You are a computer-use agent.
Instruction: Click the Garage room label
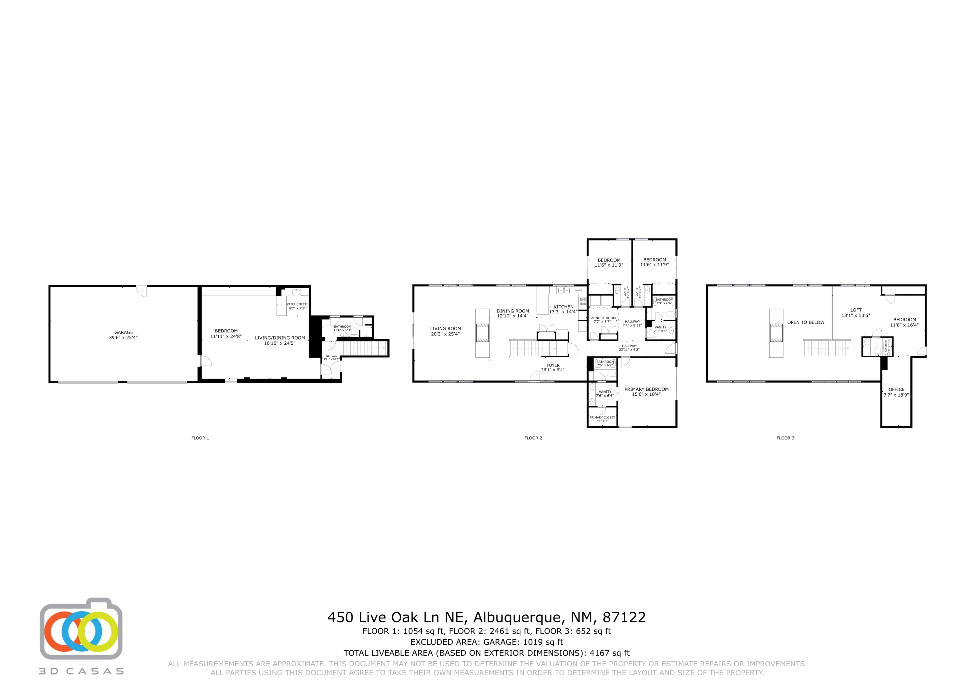[x=123, y=335]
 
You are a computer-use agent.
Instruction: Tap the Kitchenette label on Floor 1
[x=297, y=306]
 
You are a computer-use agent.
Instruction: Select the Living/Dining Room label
[x=280, y=340]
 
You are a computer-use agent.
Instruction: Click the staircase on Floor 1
[x=364, y=349]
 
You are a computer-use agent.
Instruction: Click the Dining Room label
[x=513, y=313]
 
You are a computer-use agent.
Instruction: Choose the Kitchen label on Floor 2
[x=563, y=309]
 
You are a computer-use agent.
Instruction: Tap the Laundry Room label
[x=602, y=320]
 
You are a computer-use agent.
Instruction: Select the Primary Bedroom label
[x=646, y=391]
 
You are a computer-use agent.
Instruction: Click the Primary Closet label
[x=602, y=419]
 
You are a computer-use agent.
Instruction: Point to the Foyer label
[x=553, y=367]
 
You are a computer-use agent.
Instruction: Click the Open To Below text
[x=806, y=322]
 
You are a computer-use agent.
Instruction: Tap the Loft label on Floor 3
[x=856, y=313]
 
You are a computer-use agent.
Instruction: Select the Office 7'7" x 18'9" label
[x=896, y=392]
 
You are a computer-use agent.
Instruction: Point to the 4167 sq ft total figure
[x=609, y=653]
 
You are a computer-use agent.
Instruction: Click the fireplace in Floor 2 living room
[x=482, y=333]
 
